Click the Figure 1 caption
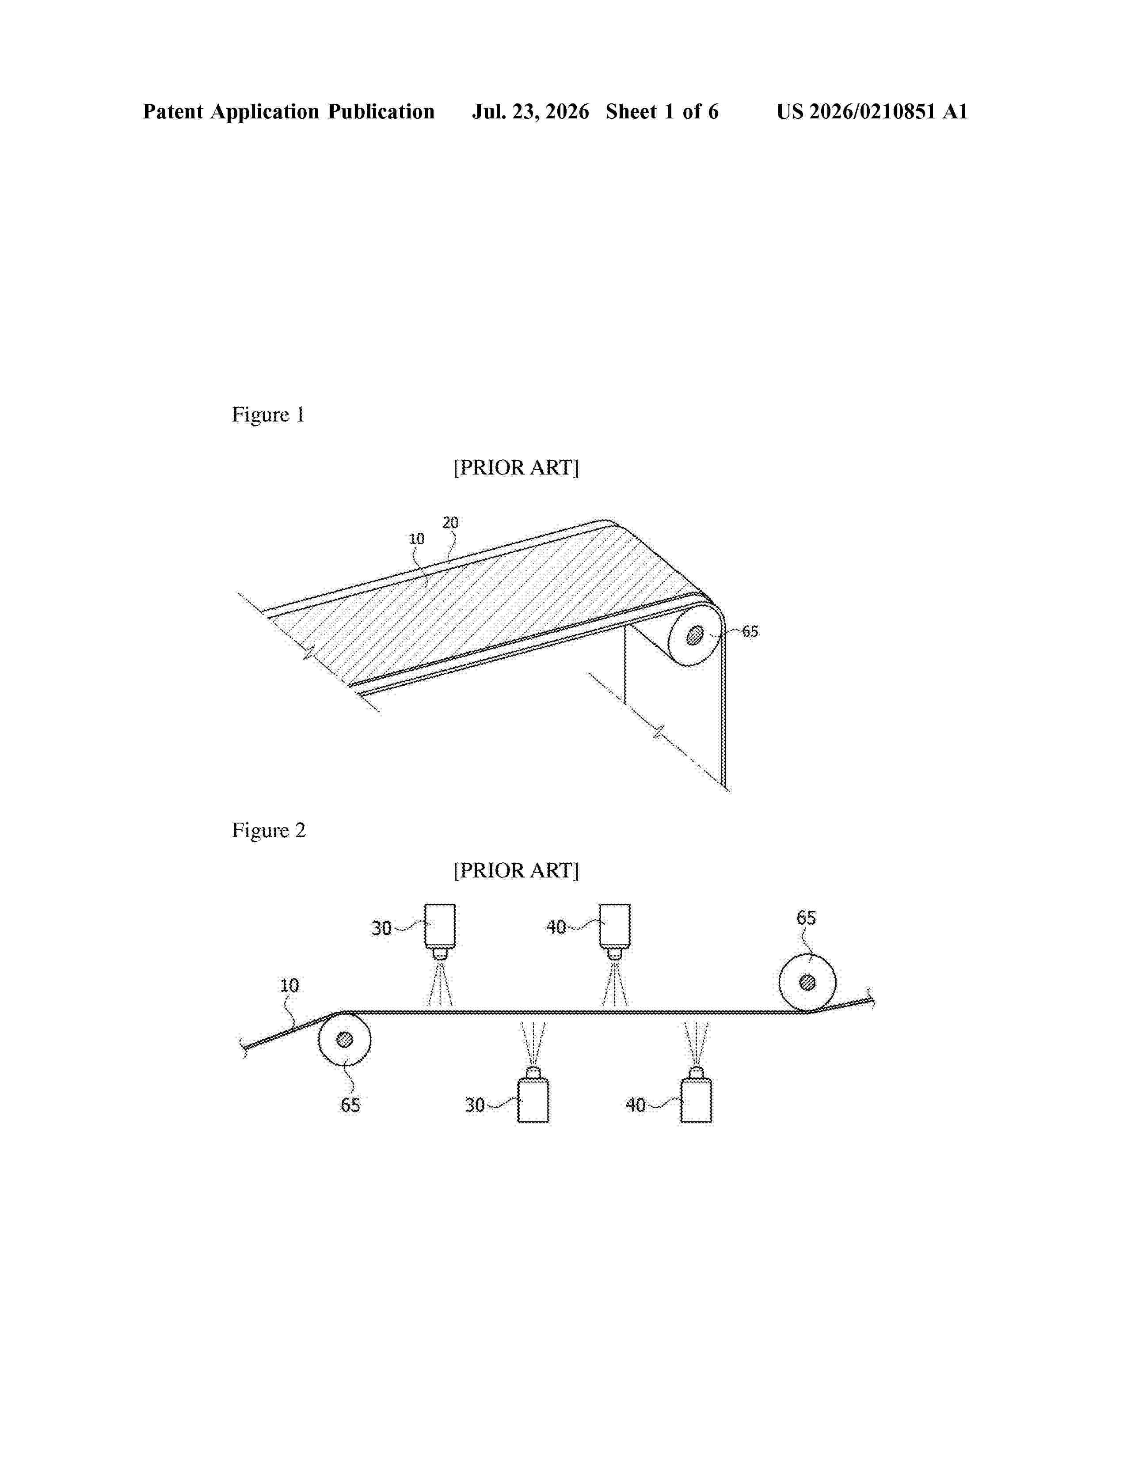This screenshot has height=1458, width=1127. coord(268,414)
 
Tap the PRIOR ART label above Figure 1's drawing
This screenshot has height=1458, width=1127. coord(516,467)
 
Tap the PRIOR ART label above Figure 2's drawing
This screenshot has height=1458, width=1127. coord(516,870)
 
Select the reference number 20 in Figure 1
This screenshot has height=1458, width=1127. coord(451,523)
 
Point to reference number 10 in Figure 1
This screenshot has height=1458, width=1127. coord(417,539)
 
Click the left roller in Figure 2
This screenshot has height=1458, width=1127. coord(345,1040)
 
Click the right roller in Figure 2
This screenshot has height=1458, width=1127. coord(807,982)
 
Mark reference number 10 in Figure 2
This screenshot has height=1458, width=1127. coord(289,985)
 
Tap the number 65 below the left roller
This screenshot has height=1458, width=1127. coord(350,1105)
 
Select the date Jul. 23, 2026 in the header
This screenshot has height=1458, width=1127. coord(531,111)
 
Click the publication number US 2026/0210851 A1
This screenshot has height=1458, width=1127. coord(872,111)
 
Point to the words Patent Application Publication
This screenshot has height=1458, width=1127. coord(289,111)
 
